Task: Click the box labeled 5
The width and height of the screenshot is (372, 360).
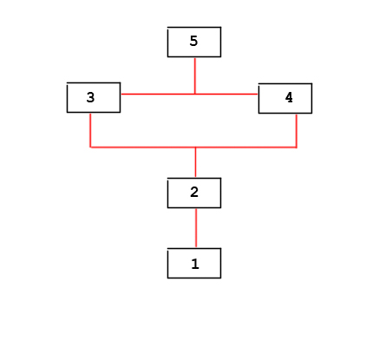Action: [194, 42]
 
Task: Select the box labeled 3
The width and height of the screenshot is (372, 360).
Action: [94, 97]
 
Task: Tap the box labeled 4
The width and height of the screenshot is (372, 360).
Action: [285, 98]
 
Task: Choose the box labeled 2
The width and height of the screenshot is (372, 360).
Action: [194, 193]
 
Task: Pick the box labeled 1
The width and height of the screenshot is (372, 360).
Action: [194, 263]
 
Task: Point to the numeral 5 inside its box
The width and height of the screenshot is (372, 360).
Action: [193, 41]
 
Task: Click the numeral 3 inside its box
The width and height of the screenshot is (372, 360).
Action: [90, 97]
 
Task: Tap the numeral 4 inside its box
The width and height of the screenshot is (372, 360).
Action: [289, 97]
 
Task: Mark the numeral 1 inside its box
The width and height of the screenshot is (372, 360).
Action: [195, 264]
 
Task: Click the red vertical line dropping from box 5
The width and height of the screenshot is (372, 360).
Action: [195, 75]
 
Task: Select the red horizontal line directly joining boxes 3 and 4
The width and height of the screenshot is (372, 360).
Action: [189, 94]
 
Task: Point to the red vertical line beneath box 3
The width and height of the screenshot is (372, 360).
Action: [90, 130]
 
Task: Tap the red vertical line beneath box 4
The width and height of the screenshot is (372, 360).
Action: [297, 131]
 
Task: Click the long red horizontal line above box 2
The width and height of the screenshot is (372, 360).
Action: [193, 147]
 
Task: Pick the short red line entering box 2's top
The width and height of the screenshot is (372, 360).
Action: [196, 162]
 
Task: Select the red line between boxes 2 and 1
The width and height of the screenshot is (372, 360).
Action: [196, 228]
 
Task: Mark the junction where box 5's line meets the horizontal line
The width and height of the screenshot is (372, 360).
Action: [195, 94]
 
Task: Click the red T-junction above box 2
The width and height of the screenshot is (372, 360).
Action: [196, 147]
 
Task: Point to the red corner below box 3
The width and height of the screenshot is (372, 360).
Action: [90, 147]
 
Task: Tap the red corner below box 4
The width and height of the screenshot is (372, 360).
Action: [297, 147]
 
